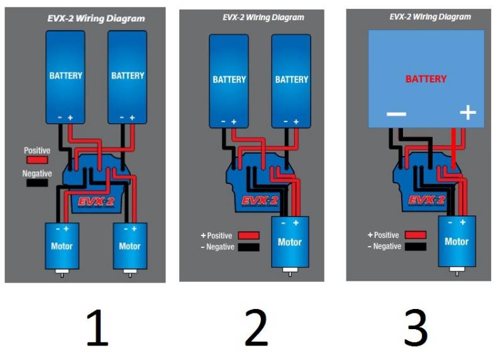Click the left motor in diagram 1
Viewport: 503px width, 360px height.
62,245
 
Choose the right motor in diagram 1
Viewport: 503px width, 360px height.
130,245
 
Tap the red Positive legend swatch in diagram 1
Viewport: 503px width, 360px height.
36,160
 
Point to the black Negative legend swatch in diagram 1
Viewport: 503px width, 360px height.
36,183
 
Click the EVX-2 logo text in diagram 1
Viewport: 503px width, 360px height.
96,203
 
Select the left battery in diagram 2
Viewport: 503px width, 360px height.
229,80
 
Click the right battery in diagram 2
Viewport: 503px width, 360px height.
291,80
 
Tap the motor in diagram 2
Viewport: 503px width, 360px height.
290,242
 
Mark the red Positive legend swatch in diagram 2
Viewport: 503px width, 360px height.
248,235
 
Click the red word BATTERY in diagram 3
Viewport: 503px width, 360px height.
426,79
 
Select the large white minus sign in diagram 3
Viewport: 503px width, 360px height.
396,114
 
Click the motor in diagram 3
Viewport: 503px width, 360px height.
456,242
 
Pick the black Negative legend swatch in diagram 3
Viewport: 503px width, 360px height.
415,247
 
